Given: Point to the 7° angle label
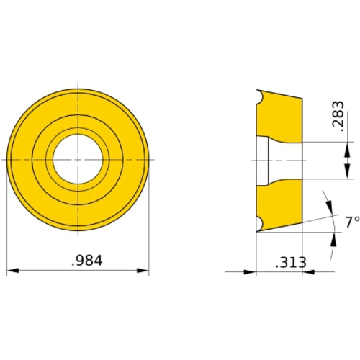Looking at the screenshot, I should [x=351, y=223].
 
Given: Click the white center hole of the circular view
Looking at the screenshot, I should [x=77, y=158].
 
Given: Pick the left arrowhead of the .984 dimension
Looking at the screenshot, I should [x=12, y=272].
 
